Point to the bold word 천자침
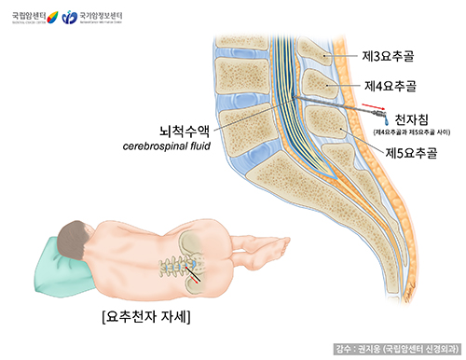pyautogui.click(x=413, y=119)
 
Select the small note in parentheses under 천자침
pyautogui.click(x=413, y=133)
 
